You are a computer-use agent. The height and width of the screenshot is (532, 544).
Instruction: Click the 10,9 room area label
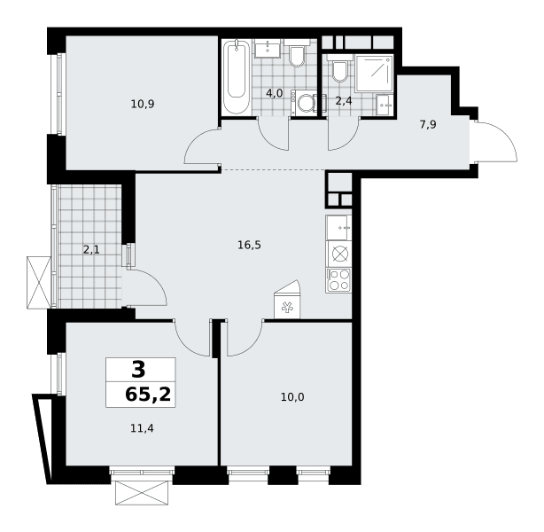(143, 104)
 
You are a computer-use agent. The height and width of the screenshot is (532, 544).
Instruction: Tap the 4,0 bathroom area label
(275, 93)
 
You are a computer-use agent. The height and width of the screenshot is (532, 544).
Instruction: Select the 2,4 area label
(344, 101)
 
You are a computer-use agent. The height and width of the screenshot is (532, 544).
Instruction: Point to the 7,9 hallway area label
(428, 124)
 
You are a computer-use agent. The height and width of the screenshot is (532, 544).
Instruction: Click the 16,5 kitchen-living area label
(249, 246)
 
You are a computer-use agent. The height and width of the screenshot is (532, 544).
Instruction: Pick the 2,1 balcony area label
(91, 249)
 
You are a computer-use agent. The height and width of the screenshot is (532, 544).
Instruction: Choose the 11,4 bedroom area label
(142, 428)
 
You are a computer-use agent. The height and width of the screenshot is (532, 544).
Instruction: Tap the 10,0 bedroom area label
(292, 397)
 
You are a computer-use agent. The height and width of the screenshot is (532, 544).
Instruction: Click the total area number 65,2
(148, 395)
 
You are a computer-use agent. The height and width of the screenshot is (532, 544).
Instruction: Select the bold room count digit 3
(139, 370)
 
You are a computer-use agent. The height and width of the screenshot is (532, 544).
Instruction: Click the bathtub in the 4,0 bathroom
(237, 77)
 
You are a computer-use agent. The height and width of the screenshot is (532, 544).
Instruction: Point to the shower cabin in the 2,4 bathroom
(375, 74)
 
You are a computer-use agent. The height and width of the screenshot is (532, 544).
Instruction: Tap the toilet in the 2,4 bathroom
(339, 68)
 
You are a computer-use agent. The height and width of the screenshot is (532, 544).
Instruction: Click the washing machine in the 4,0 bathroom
(304, 103)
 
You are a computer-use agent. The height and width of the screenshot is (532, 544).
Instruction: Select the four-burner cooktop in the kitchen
(338, 280)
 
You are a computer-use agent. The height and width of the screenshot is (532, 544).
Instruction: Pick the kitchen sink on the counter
(338, 228)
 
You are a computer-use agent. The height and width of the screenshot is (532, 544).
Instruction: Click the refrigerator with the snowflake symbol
(287, 303)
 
